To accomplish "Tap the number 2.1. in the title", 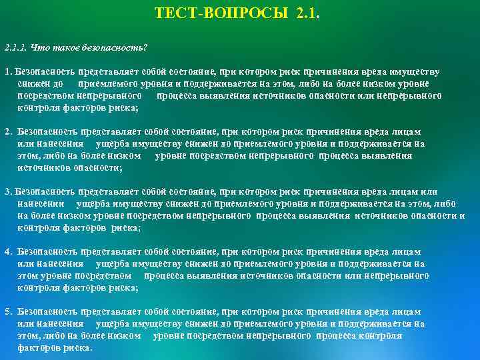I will click(306, 13).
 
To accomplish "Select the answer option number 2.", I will click(7, 133).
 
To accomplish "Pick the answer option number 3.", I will click(7, 192).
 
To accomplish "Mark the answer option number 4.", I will click(7, 252).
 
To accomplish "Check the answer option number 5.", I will click(7, 312).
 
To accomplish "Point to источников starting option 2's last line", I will click(39, 168).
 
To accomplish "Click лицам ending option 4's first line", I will click(407, 252).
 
